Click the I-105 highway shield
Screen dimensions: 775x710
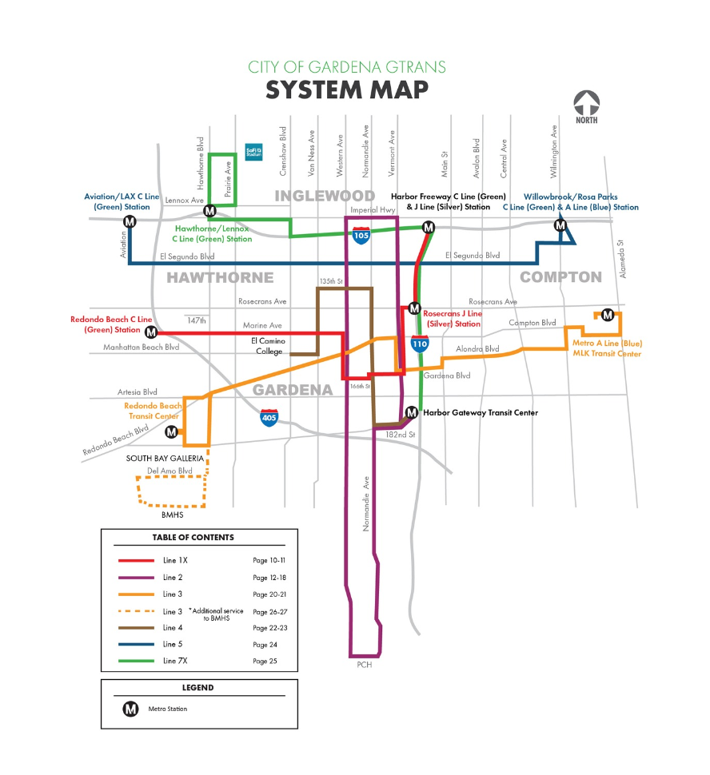coord(361,235)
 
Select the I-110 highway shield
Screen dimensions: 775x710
coord(420,344)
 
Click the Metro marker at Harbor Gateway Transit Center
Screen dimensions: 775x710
coord(411,413)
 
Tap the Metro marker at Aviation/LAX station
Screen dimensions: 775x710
coord(129,222)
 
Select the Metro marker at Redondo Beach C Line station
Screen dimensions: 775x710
coord(150,332)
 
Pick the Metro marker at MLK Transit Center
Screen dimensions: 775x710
coord(607,315)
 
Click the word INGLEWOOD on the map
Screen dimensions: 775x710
coord(325,196)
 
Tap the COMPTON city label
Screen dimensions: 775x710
coord(560,277)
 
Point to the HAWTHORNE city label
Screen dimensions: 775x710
coord(220,278)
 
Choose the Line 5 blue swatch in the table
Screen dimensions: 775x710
coord(136,644)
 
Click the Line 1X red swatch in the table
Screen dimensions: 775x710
coord(136,561)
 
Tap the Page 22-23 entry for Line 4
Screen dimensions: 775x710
coord(269,628)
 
